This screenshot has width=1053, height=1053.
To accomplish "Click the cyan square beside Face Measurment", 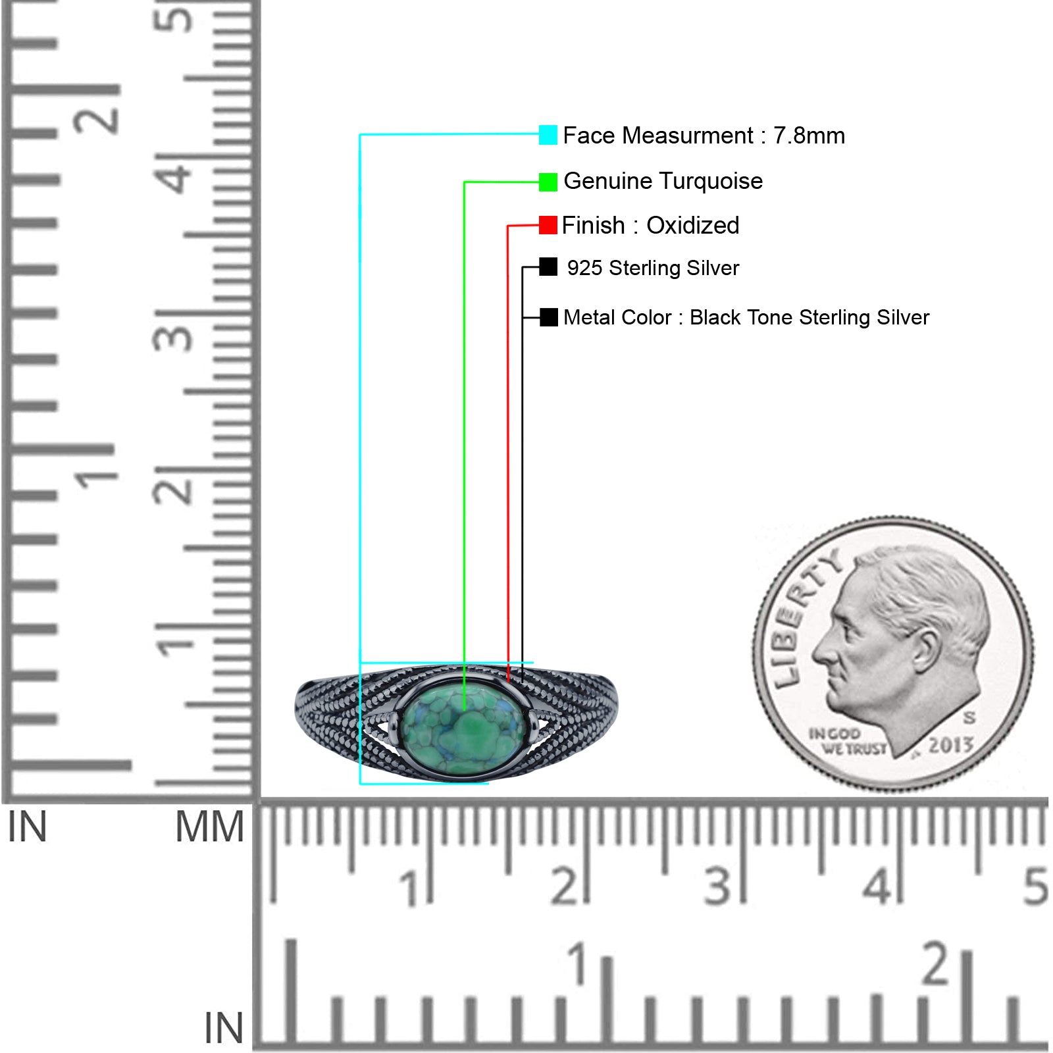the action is (x=548, y=135).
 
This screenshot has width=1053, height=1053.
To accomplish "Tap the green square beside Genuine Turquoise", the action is (x=548, y=182).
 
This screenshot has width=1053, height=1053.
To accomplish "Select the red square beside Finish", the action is (x=548, y=225).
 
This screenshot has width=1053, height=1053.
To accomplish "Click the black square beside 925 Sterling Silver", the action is (x=548, y=267).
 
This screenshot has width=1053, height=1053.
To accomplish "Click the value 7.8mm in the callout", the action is (x=809, y=136).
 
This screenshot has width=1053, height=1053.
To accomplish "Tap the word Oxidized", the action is (x=693, y=226).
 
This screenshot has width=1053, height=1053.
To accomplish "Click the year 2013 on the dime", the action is (x=951, y=745).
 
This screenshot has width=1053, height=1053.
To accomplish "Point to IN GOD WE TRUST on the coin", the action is (x=848, y=742).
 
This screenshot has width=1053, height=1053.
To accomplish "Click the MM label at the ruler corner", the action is (x=209, y=827).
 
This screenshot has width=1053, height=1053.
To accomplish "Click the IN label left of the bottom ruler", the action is (x=224, y=1028).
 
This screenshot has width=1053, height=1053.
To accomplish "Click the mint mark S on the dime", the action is (x=969, y=717).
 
